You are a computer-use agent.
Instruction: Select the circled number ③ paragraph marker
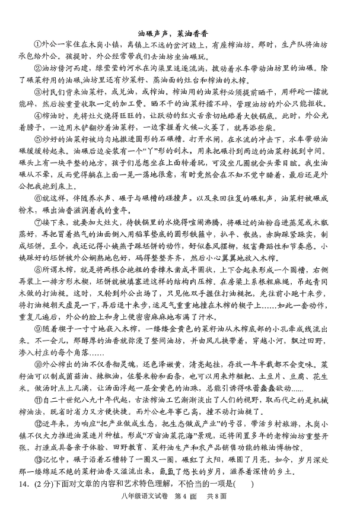tap(38, 93)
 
